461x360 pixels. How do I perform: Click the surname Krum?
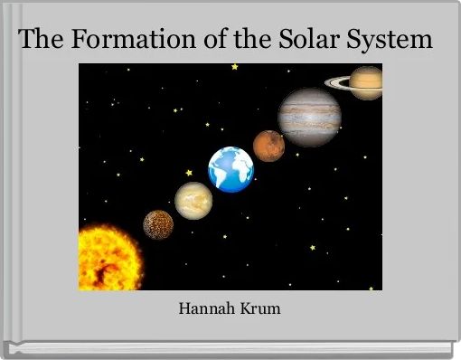pyautogui.click(x=260, y=309)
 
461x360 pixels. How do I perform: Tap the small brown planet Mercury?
pyautogui.click(x=158, y=224)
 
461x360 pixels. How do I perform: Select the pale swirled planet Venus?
pyautogui.click(x=193, y=199)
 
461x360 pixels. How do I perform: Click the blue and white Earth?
pyautogui.click(x=230, y=169)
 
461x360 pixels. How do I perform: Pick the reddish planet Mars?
pyautogui.click(x=268, y=145)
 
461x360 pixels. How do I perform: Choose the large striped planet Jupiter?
pyautogui.click(x=309, y=116)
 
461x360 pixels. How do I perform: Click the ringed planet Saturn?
pyautogui.click(x=365, y=83)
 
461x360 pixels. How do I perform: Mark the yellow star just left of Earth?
pyautogui.click(x=189, y=172)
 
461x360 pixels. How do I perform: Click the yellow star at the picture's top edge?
pyautogui.click(x=235, y=66)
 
